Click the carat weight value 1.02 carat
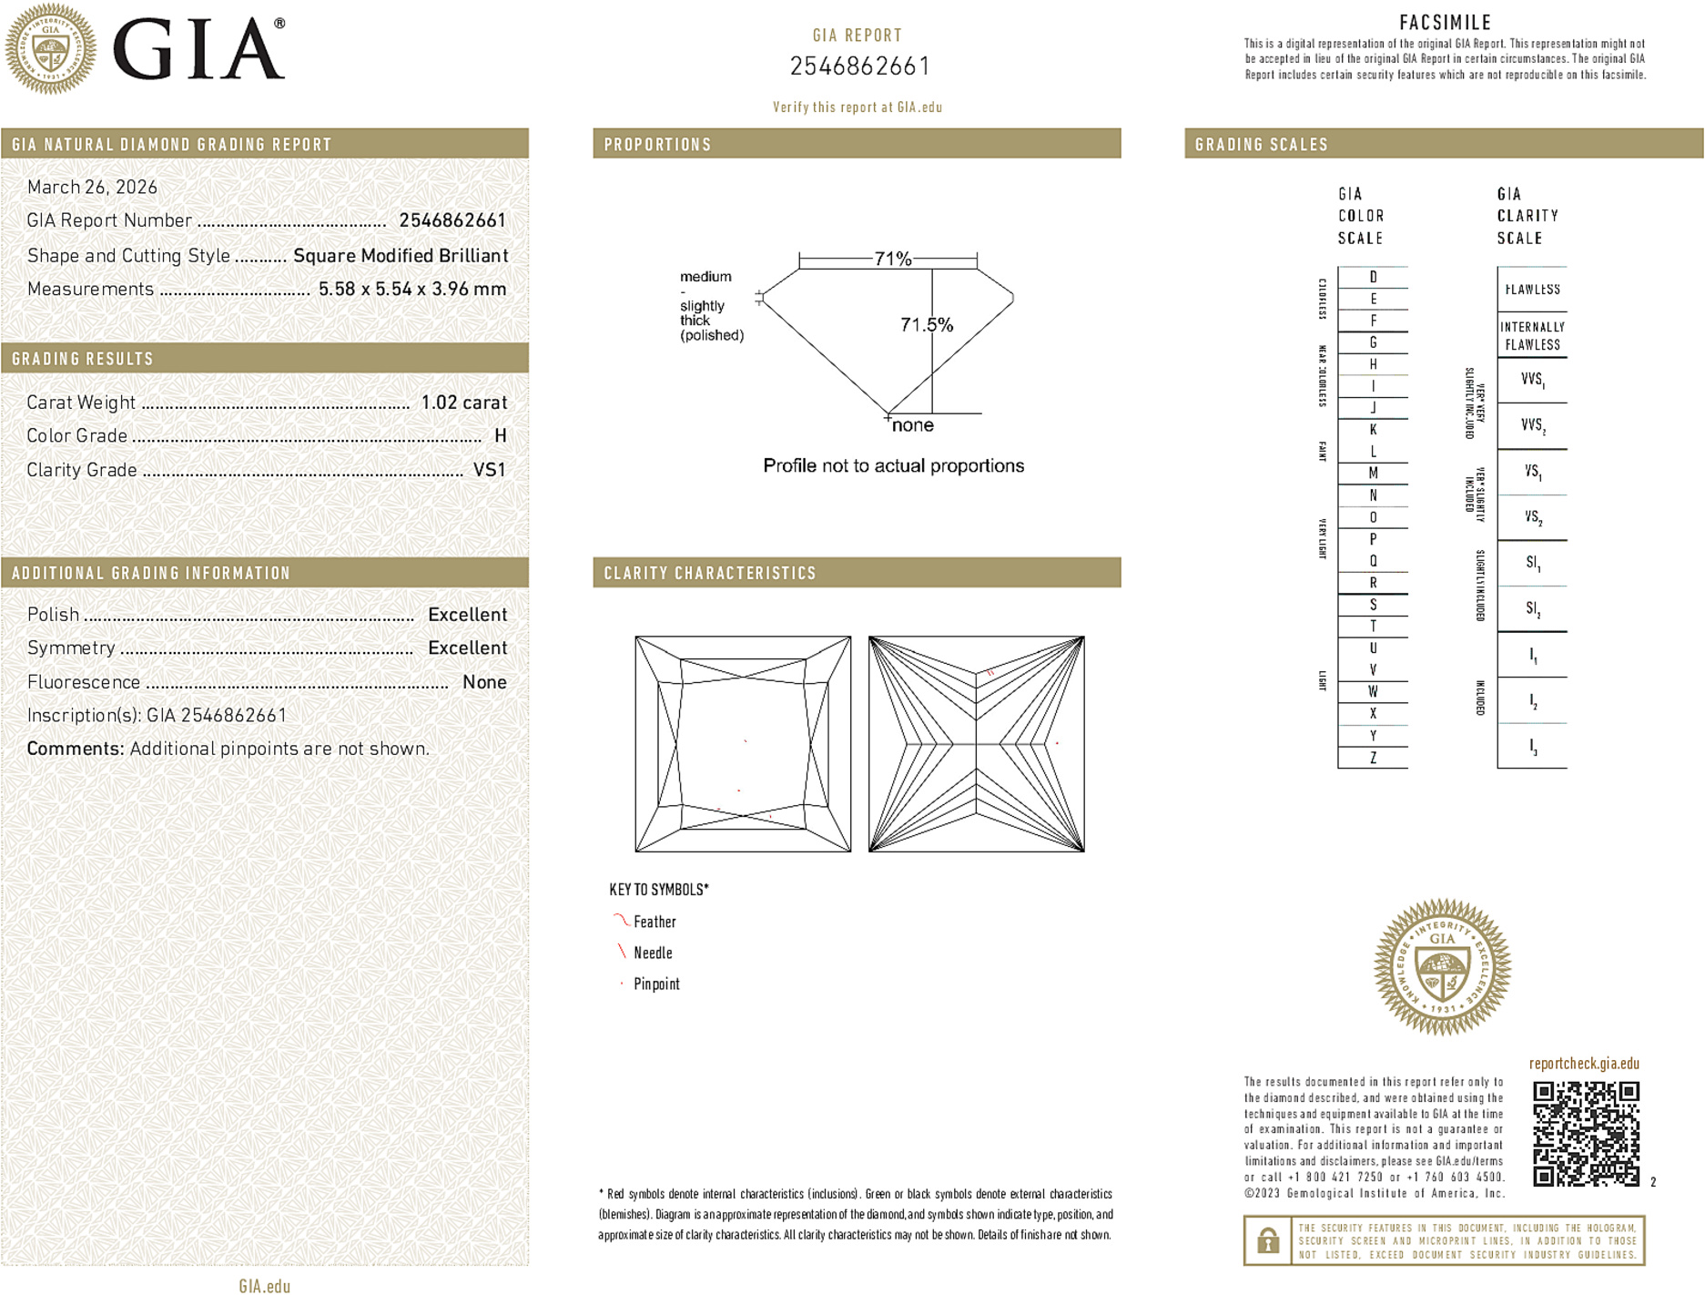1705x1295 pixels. pos(463,403)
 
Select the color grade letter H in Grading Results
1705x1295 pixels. pos(500,436)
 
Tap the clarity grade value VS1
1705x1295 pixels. pos(489,470)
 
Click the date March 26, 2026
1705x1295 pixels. pos(92,188)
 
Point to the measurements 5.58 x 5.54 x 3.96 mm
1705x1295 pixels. pos(411,290)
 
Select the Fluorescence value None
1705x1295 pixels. pos(484,682)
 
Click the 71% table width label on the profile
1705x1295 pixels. pos(892,259)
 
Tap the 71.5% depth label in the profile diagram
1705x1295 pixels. pos(926,325)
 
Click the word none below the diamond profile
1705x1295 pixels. pos(912,425)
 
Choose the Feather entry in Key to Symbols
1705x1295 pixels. pos(655,922)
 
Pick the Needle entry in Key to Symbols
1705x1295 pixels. pos(653,953)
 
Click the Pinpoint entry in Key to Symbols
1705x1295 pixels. pos(656,984)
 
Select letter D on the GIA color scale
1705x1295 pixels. pos(1373,277)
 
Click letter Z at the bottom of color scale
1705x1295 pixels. pos(1373,758)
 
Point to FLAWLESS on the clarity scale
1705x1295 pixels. pos(1532,290)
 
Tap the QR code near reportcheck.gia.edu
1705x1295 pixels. pos(1585,1134)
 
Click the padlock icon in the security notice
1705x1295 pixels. pos(1267,1240)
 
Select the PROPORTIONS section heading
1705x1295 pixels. pos(657,145)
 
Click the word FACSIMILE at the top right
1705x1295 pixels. pos(1445,23)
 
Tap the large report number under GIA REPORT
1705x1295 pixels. pos(859,66)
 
